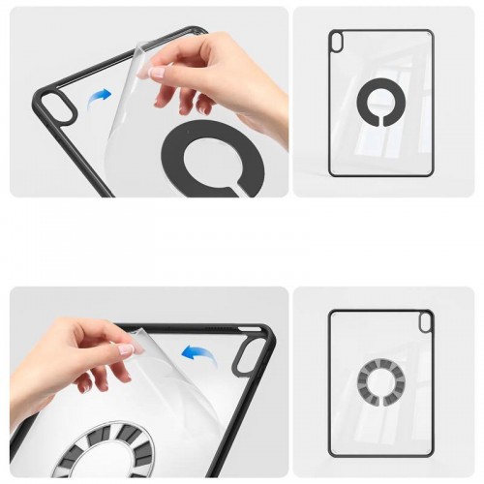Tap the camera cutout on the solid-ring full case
click(337, 41)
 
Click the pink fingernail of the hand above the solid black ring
click(156, 72)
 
